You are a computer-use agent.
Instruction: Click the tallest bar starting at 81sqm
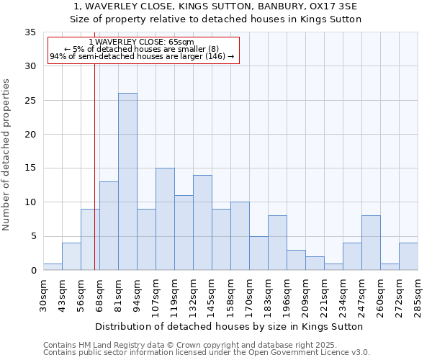(127, 181)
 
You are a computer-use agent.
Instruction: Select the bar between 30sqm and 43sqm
(53, 266)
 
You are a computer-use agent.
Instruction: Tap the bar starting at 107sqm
(165, 219)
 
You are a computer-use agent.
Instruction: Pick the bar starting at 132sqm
(202, 222)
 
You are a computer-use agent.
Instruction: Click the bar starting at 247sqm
(371, 243)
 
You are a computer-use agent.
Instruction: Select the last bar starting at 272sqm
(408, 256)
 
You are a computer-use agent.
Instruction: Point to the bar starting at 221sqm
(333, 266)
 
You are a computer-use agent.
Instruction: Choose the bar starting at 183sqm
(277, 243)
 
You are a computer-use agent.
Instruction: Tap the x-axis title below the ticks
(229, 326)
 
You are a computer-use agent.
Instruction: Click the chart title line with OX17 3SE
(216, 6)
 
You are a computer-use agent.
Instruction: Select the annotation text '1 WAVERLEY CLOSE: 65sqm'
(142, 42)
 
